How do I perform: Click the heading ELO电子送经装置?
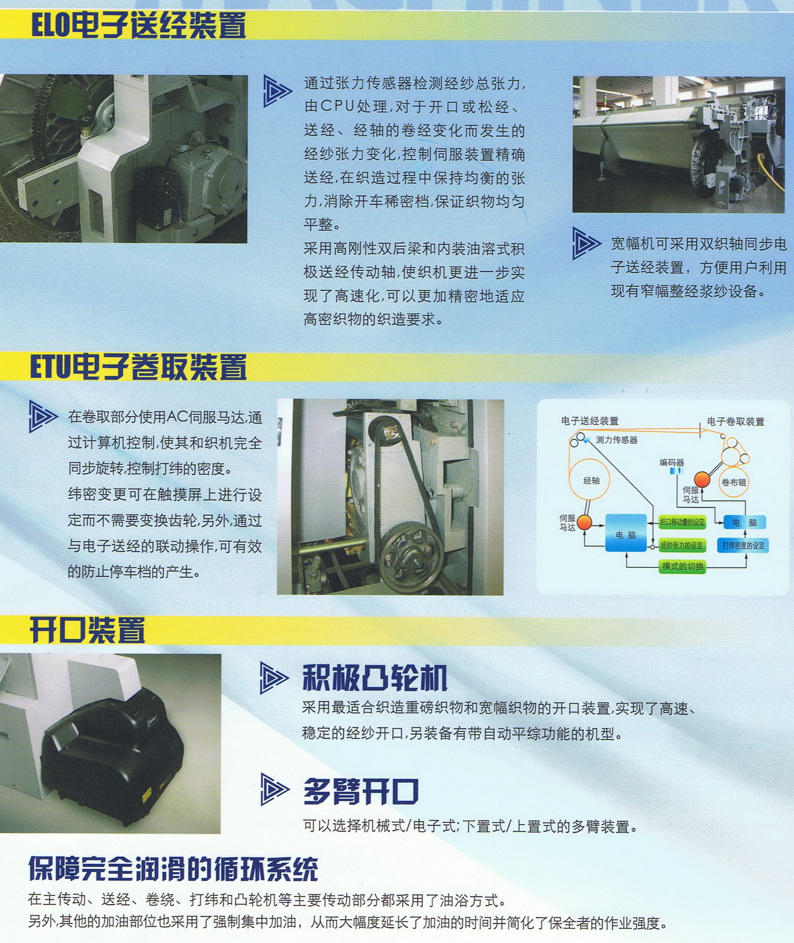click(x=138, y=26)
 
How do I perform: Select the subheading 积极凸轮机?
click(x=374, y=678)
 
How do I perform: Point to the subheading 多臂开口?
click(x=361, y=791)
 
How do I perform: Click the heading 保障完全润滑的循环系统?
click(x=173, y=869)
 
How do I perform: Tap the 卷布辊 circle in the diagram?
click(x=734, y=482)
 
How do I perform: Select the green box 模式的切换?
click(x=683, y=566)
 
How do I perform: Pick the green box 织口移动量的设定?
click(x=682, y=522)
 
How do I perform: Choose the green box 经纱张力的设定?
click(x=682, y=545)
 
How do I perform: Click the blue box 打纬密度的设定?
click(x=743, y=545)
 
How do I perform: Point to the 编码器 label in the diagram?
click(x=671, y=463)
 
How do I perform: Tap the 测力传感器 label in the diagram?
click(x=616, y=440)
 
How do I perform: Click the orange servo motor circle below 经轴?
click(x=584, y=522)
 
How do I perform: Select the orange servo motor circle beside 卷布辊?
click(x=702, y=480)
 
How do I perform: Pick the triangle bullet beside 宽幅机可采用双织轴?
click(x=585, y=243)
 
